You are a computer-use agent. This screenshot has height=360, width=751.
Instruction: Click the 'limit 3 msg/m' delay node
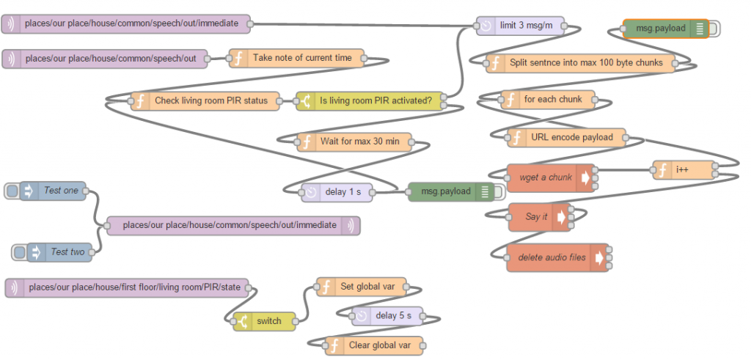point(521,26)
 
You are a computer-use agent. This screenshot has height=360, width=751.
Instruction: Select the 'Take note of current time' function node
point(296,59)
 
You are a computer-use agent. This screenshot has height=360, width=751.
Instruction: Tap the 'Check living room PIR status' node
point(205,101)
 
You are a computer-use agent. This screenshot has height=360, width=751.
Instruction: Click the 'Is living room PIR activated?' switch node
point(370,101)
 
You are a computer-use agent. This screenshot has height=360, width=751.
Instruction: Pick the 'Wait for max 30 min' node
point(354,142)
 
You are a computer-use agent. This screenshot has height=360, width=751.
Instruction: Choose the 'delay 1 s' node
point(337,192)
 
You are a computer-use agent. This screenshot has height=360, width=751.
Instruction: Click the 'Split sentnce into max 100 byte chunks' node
point(581,63)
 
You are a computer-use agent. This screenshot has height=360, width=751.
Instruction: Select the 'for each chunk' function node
point(548,100)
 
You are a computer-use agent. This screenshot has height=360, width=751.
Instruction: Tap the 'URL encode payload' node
point(567,138)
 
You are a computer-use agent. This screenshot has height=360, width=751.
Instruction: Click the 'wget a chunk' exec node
point(551,178)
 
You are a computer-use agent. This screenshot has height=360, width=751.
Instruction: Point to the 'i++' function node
point(684,170)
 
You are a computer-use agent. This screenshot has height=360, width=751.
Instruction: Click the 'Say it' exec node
point(540,217)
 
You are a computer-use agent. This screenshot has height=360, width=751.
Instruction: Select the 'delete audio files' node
point(557,257)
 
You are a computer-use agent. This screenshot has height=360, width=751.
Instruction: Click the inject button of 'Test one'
point(12,191)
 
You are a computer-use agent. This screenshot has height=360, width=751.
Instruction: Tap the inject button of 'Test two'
point(19,252)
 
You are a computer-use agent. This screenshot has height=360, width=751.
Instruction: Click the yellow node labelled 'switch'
point(264,321)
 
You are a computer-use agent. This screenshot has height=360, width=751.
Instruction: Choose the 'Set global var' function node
point(362,287)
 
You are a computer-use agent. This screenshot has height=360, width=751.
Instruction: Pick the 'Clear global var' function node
point(375,345)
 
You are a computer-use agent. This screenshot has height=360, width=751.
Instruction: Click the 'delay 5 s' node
point(387,316)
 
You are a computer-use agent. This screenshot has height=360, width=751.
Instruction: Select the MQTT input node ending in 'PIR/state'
point(127,288)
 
